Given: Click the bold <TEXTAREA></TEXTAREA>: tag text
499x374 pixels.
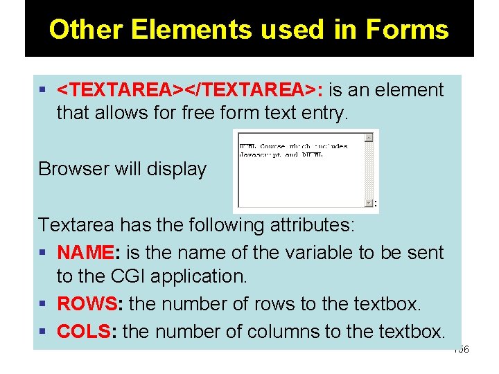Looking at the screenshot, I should pyautogui.click(x=189, y=90).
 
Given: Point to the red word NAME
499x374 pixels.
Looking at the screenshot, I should pyautogui.click(x=83, y=253).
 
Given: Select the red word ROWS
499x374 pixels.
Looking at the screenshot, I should pyautogui.click(x=88, y=304).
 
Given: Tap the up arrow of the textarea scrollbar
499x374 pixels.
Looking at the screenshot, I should pyautogui.click(x=369, y=138).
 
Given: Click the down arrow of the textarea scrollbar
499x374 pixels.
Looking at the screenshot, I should pyautogui.click(x=369, y=202).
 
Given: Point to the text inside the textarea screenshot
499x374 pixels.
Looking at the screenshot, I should pyautogui.click(x=293, y=150).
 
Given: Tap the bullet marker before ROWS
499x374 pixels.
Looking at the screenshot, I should pyautogui.click(x=44, y=304).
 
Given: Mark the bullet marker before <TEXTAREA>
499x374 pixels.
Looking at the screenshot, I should pyautogui.click(x=44, y=90).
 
